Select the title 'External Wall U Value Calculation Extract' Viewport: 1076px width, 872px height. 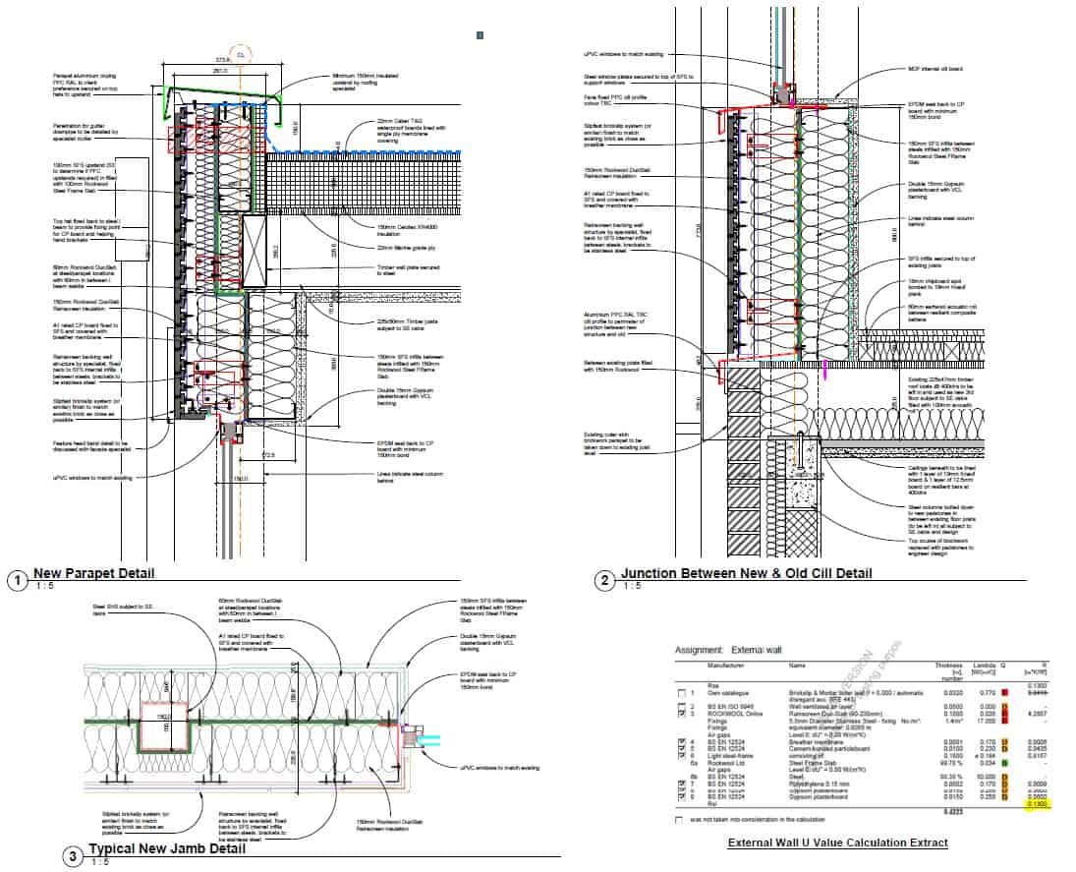click(837, 843)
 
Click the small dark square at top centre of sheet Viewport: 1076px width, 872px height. click(480, 35)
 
